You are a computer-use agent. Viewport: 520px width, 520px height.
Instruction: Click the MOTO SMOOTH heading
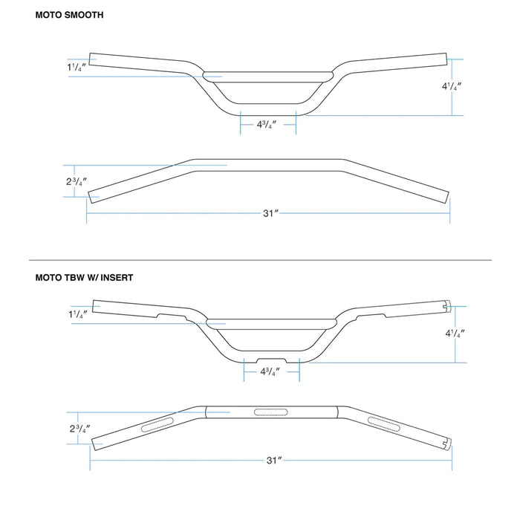(69, 14)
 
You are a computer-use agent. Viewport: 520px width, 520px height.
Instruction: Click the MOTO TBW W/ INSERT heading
(84, 277)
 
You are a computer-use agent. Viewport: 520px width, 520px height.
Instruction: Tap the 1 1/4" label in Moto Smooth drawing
(76, 68)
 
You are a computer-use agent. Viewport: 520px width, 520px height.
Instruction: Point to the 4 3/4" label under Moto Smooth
(267, 125)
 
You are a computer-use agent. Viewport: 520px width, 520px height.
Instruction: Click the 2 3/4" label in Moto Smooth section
(76, 181)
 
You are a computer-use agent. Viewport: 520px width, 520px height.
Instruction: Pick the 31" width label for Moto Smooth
(270, 213)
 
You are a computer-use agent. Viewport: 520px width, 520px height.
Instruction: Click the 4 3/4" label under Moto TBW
(270, 372)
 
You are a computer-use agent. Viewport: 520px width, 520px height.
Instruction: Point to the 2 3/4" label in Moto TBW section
(77, 429)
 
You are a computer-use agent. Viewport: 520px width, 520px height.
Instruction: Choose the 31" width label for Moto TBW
(273, 461)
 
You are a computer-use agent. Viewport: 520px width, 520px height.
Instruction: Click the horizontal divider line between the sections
(260, 260)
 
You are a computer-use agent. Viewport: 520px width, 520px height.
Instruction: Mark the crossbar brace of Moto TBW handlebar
(270, 322)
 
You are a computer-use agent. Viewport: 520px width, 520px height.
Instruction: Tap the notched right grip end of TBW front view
(447, 305)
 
